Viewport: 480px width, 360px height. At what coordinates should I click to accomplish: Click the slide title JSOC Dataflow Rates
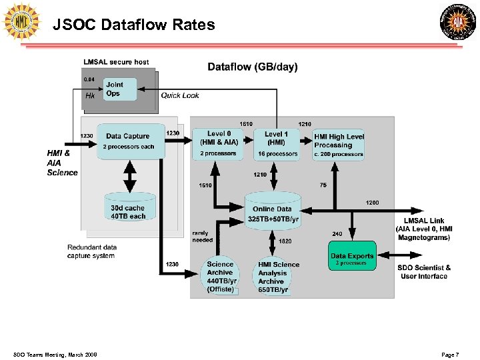pyautogui.click(x=134, y=25)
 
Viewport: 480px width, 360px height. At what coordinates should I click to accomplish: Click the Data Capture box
pyautogui.click(x=131, y=141)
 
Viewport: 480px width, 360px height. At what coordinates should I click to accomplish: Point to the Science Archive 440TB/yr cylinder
pyautogui.click(x=220, y=276)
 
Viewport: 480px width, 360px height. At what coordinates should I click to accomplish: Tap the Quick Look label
pyautogui.click(x=180, y=95)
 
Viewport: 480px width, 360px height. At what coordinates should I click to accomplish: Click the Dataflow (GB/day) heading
pyautogui.click(x=253, y=67)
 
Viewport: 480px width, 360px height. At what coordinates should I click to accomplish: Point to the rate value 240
pyautogui.click(x=337, y=233)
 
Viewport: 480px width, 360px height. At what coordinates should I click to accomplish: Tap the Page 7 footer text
pyautogui.click(x=450, y=355)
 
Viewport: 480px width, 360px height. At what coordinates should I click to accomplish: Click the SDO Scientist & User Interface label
pyautogui.click(x=424, y=272)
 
